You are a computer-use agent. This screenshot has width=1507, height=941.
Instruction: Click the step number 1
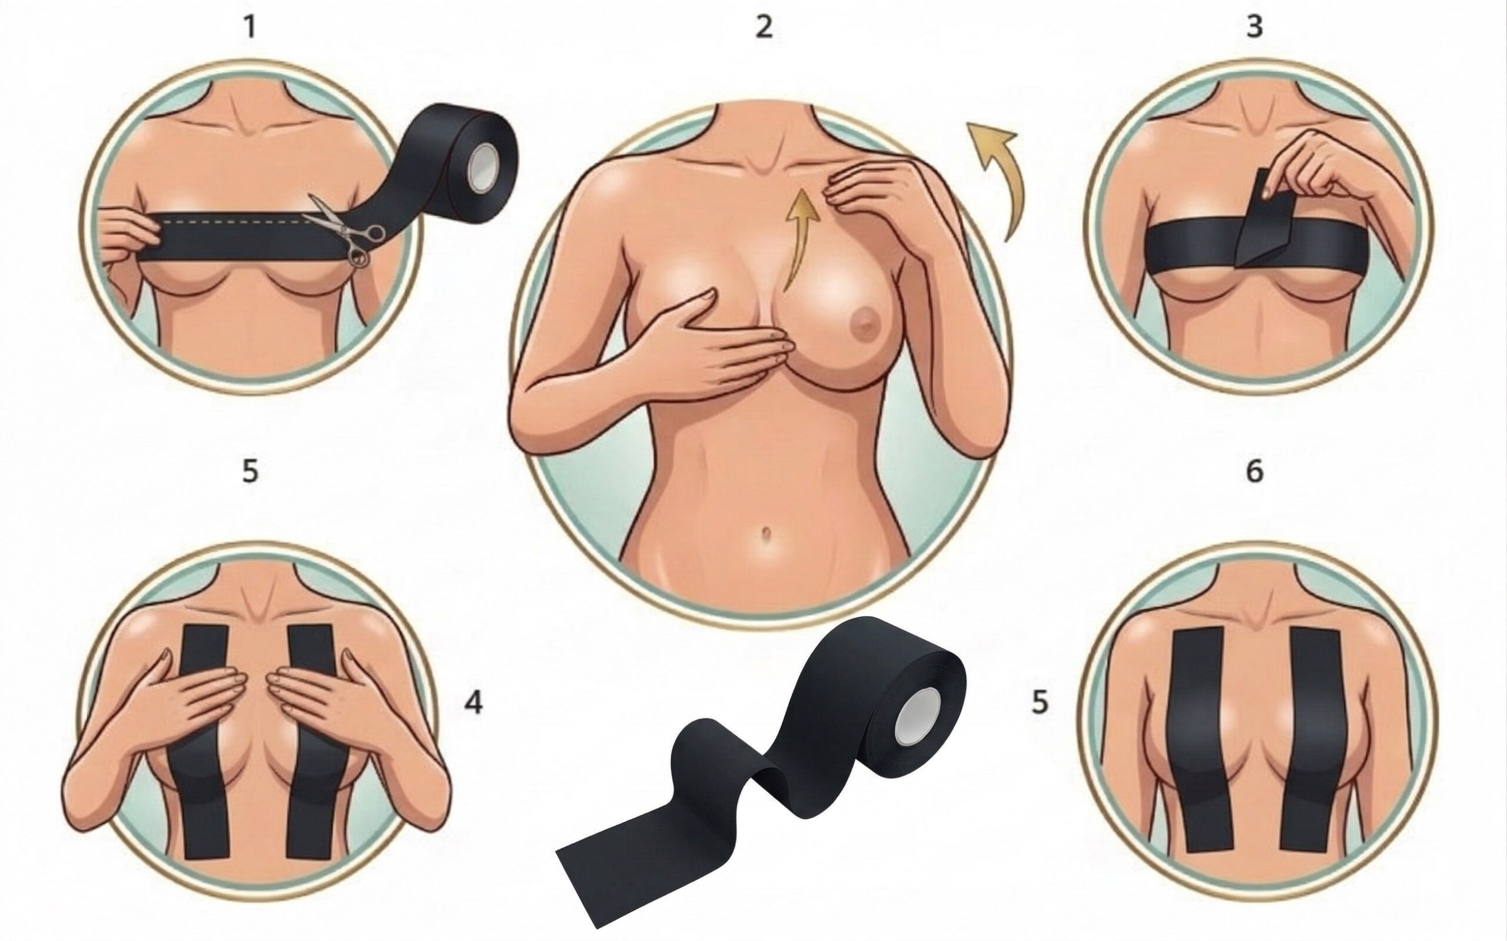click(250, 28)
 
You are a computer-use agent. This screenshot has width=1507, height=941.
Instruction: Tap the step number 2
click(764, 28)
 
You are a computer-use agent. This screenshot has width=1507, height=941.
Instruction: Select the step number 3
click(1254, 28)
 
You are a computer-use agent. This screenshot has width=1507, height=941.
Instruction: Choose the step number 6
click(1254, 471)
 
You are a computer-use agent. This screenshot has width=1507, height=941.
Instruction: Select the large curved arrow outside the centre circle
click(997, 178)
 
